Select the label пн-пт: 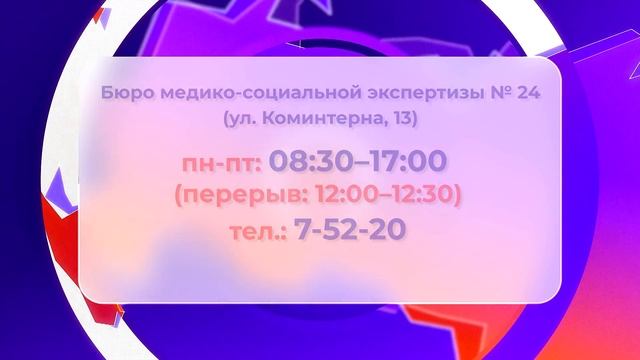[x=220, y=161]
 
